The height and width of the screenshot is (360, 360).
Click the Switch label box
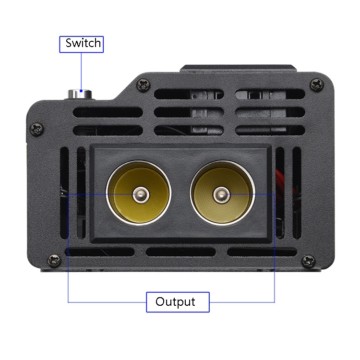coord(82,44)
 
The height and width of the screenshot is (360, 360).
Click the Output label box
coord(178,302)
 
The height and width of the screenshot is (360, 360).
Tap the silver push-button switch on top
coord(80,94)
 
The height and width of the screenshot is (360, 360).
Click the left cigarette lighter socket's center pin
coord(141,195)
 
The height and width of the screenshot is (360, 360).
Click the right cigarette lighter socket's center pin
coord(222,195)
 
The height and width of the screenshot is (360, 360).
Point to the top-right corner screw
coord(317,84)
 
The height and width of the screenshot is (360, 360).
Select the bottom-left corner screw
coord(54,261)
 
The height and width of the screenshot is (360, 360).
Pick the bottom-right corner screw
coord(308,261)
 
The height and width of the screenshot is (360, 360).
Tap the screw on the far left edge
coord(37,129)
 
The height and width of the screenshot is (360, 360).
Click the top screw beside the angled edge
coord(144,84)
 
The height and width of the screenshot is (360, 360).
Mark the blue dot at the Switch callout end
coord(81,91)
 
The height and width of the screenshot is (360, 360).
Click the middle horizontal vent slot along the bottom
coord(180,252)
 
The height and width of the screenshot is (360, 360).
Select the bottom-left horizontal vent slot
coord(100,252)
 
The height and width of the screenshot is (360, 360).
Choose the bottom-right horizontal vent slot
coord(262,252)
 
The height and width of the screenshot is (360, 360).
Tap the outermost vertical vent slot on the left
coord(64,193)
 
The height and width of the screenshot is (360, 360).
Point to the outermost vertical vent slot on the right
coord(297,193)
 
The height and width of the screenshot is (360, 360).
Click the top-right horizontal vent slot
coord(270,94)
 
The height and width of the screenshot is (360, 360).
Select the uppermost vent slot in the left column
coord(108,112)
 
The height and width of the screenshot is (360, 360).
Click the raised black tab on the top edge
coord(238,69)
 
